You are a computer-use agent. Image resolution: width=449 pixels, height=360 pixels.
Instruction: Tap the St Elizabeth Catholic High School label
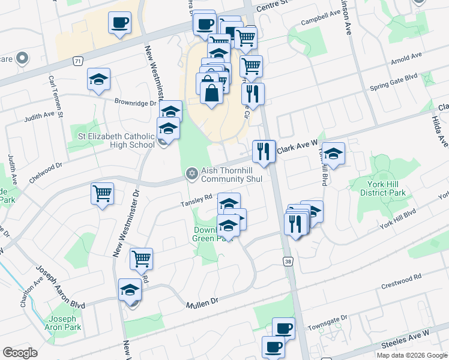click(x=116, y=140)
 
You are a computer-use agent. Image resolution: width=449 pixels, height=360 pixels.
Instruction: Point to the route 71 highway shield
click(x=77, y=61)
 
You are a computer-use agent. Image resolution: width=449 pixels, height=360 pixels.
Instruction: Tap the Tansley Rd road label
click(x=197, y=201)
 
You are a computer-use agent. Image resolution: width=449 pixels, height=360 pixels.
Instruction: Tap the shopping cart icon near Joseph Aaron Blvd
click(x=142, y=259)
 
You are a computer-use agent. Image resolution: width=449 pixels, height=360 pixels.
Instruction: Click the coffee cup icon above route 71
click(x=119, y=23)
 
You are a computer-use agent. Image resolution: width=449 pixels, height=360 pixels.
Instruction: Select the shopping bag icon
click(x=211, y=93)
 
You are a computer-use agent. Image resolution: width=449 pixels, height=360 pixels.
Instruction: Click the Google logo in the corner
click(x=20, y=353)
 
